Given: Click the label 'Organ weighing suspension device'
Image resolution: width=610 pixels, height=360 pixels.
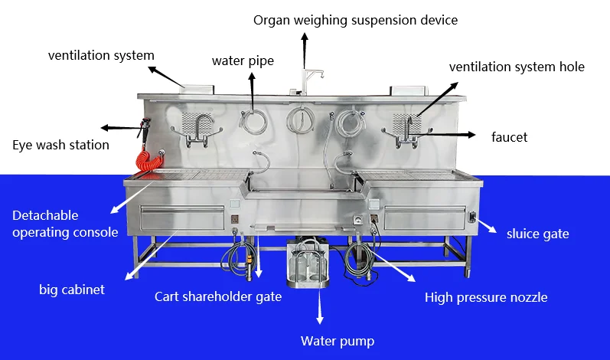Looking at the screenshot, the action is (355, 20).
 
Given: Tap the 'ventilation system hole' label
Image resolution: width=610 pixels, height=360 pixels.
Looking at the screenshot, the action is (517, 67).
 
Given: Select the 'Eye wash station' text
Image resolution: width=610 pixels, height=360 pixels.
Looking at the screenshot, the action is (60, 146).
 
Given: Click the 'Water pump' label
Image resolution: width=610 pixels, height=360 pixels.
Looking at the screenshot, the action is (338, 342).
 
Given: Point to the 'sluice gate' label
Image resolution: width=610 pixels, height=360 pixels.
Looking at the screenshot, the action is (537, 234).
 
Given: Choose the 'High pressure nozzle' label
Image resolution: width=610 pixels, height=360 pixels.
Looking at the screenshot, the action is (486, 298).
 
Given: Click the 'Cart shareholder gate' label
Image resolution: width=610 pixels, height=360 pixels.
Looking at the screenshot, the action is (218, 297).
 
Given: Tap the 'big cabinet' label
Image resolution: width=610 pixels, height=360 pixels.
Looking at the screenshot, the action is (72, 290).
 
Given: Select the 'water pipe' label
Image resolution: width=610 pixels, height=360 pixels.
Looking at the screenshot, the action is (243, 61).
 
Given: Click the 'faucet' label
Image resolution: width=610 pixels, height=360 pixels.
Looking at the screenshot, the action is (509, 137).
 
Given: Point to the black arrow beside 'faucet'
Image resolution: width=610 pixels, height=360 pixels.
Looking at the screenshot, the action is (442, 135).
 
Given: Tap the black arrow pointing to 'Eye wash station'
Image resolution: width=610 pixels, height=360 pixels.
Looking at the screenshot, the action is (122, 128).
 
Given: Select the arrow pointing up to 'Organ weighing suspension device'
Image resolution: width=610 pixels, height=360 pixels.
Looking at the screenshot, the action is (305, 51).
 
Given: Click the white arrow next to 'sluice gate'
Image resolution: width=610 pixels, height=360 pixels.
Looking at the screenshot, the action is (487, 227).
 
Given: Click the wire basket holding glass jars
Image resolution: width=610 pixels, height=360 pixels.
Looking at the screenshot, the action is (308, 262).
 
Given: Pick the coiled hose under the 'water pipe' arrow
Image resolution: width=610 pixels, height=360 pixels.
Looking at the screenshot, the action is (253, 121).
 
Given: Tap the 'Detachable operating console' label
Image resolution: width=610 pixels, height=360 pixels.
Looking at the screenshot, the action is (65, 224).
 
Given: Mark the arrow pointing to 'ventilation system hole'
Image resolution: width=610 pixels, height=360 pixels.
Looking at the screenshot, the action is (438, 99).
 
